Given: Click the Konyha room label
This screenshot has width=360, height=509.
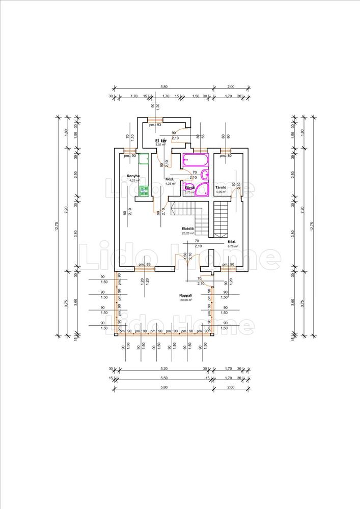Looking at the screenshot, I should [x=134, y=176].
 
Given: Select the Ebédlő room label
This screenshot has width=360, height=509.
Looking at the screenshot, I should [x=188, y=229].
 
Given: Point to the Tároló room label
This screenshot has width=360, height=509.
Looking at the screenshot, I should [x=220, y=188].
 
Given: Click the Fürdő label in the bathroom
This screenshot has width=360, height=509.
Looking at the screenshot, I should [x=189, y=188].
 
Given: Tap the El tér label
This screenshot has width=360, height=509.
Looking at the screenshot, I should [x=161, y=140].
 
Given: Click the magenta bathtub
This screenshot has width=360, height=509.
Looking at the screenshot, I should [x=196, y=160].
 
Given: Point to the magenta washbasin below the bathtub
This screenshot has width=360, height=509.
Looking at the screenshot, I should [x=205, y=175].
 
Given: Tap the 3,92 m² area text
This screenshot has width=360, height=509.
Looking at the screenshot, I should [x=161, y=145].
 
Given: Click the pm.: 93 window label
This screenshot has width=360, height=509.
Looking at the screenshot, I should [x=155, y=125].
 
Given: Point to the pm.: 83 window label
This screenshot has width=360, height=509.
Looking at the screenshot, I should [x=144, y=265].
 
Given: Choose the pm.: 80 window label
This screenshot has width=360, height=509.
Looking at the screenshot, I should [x=226, y=155].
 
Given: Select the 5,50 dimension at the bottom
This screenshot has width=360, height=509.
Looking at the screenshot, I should [x=164, y=378].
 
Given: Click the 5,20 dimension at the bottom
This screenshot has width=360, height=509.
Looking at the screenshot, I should [x=164, y=369].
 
